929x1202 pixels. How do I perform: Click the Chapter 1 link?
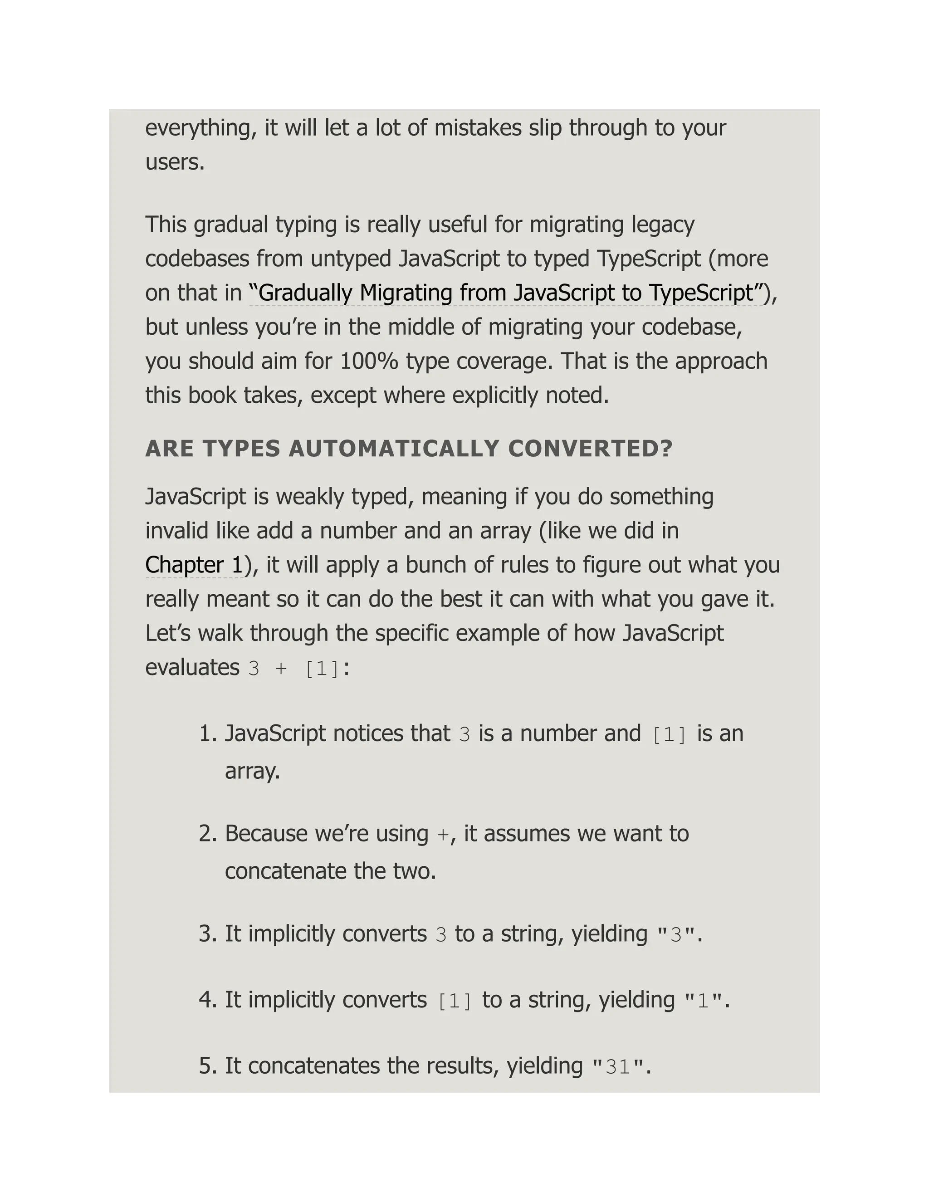[194, 565]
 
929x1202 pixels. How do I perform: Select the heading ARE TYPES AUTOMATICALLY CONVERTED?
[408, 449]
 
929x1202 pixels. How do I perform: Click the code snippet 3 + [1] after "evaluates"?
[294, 669]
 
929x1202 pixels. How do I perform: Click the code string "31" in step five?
[617, 1067]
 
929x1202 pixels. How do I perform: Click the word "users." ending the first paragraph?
[175, 162]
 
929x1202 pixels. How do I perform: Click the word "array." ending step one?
[252, 771]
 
